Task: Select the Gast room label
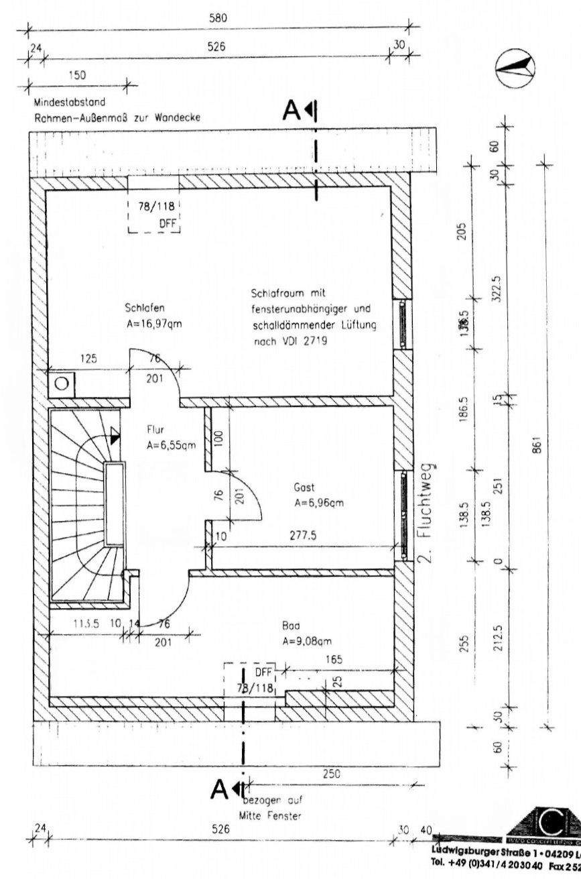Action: (304, 487)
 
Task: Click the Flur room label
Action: (155, 430)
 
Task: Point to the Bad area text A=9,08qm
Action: (308, 640)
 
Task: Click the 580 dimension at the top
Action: (219, 19)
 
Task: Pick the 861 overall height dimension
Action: (534, 443)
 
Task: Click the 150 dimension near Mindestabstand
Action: (77, 74)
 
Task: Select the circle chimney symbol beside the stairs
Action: (62, 384)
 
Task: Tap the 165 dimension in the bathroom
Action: (334, 660)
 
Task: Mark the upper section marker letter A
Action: (292, 110)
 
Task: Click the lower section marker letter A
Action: (220, 788)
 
